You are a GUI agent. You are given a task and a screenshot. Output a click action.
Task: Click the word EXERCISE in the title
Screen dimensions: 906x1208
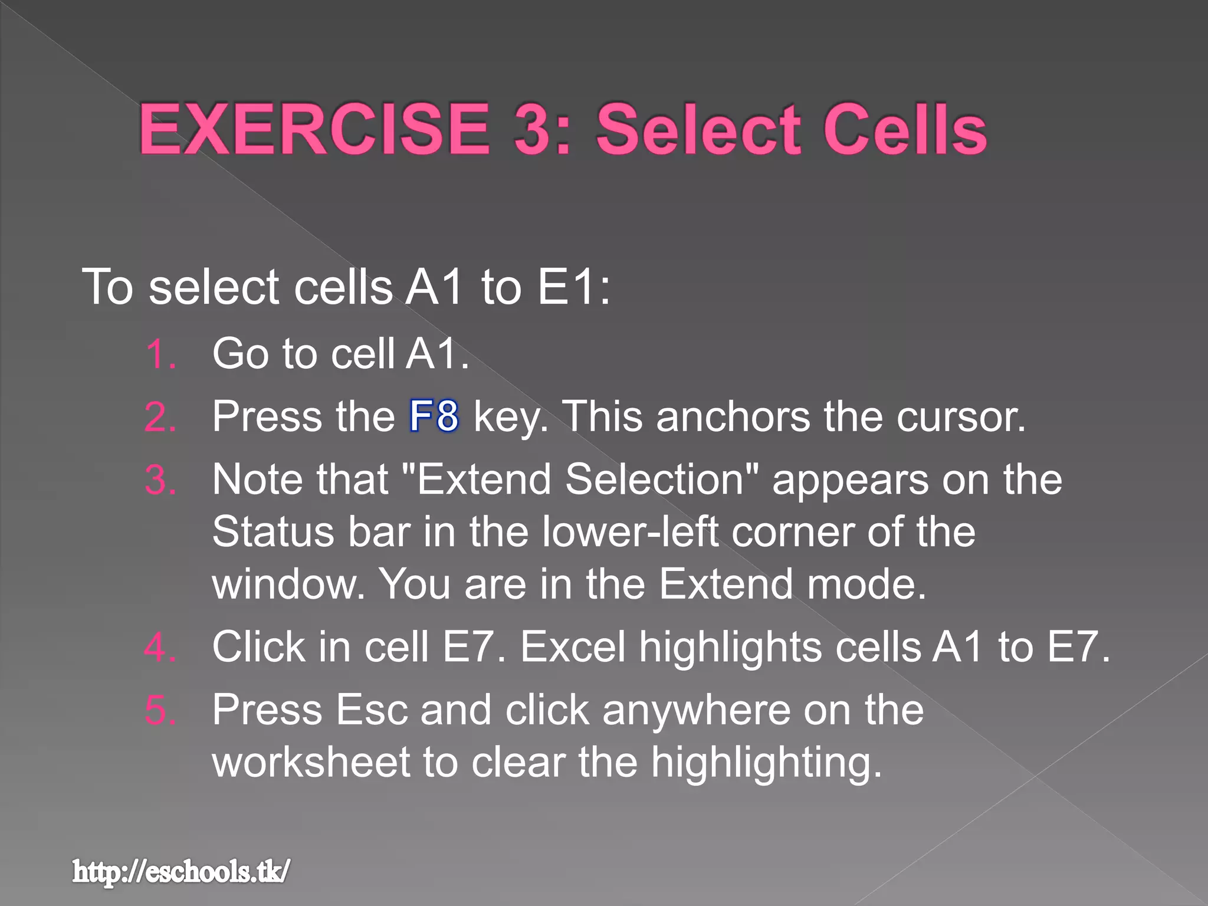coord(314,129)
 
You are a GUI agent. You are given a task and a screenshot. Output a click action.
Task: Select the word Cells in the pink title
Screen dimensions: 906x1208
coord(904,129)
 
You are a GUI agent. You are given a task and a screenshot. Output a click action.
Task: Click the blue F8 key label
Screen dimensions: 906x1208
coord(434,416)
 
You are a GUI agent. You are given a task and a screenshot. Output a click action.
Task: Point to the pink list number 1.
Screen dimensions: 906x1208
coord(159,355)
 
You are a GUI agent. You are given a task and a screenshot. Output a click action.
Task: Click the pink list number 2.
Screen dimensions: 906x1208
coord(159,418)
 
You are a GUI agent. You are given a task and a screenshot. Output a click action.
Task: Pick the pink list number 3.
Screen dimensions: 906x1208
coord(159,480)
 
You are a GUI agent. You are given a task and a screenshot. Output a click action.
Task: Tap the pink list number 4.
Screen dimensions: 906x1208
coord(159,648)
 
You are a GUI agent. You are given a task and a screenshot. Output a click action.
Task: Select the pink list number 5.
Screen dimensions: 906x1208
coord(159,710)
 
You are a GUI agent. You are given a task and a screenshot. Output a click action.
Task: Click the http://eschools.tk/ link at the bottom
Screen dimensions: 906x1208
coord(181,872)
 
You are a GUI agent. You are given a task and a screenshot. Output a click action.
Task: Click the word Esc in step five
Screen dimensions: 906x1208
coord(372,710)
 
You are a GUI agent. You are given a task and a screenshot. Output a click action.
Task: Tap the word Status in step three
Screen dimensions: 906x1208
coord(273,532)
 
